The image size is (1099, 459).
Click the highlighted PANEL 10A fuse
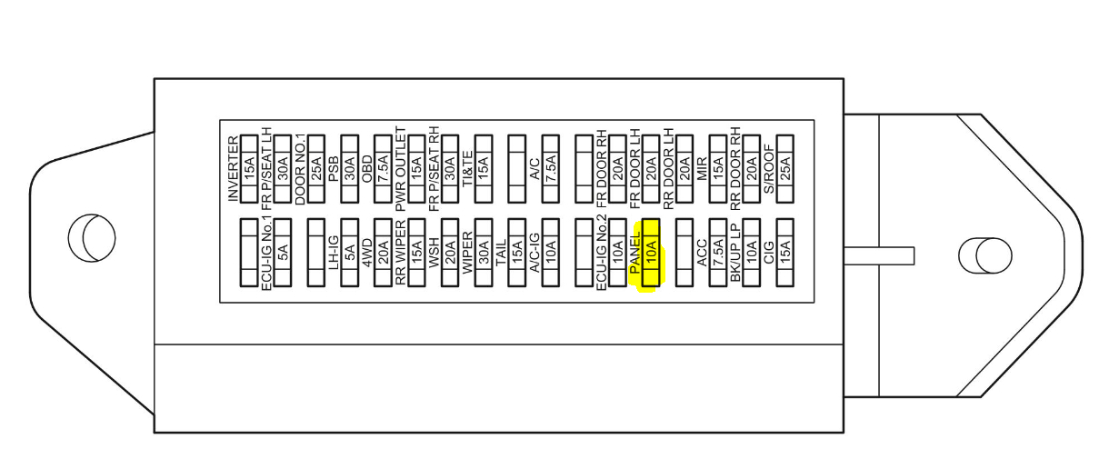(x=650, y=255)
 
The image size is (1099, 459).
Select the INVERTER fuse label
(x=233, y=168)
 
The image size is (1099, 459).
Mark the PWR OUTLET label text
(x=400, y=169)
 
